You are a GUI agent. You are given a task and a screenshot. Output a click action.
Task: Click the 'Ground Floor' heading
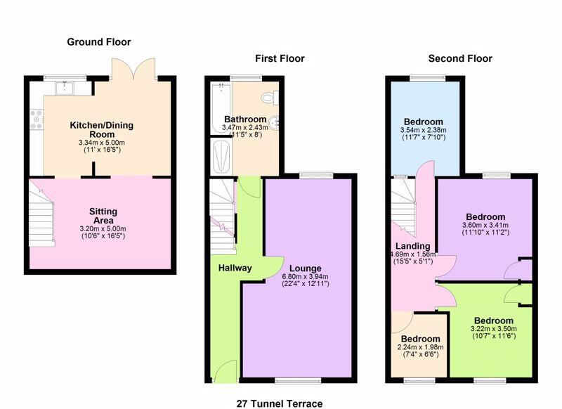99,42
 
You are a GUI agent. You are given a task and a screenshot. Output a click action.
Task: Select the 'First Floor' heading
280,58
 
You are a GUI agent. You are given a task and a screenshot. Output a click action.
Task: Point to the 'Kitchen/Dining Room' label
101,130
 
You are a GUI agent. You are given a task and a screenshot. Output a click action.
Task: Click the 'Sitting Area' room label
103,216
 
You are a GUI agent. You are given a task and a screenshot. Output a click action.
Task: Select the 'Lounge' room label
304,268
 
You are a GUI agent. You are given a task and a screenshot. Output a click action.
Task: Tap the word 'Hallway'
235,268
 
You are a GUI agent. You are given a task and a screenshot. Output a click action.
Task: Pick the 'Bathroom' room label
244,119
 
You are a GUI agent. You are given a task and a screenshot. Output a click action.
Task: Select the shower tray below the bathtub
220,154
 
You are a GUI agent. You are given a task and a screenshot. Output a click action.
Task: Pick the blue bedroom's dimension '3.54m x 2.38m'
423,130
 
